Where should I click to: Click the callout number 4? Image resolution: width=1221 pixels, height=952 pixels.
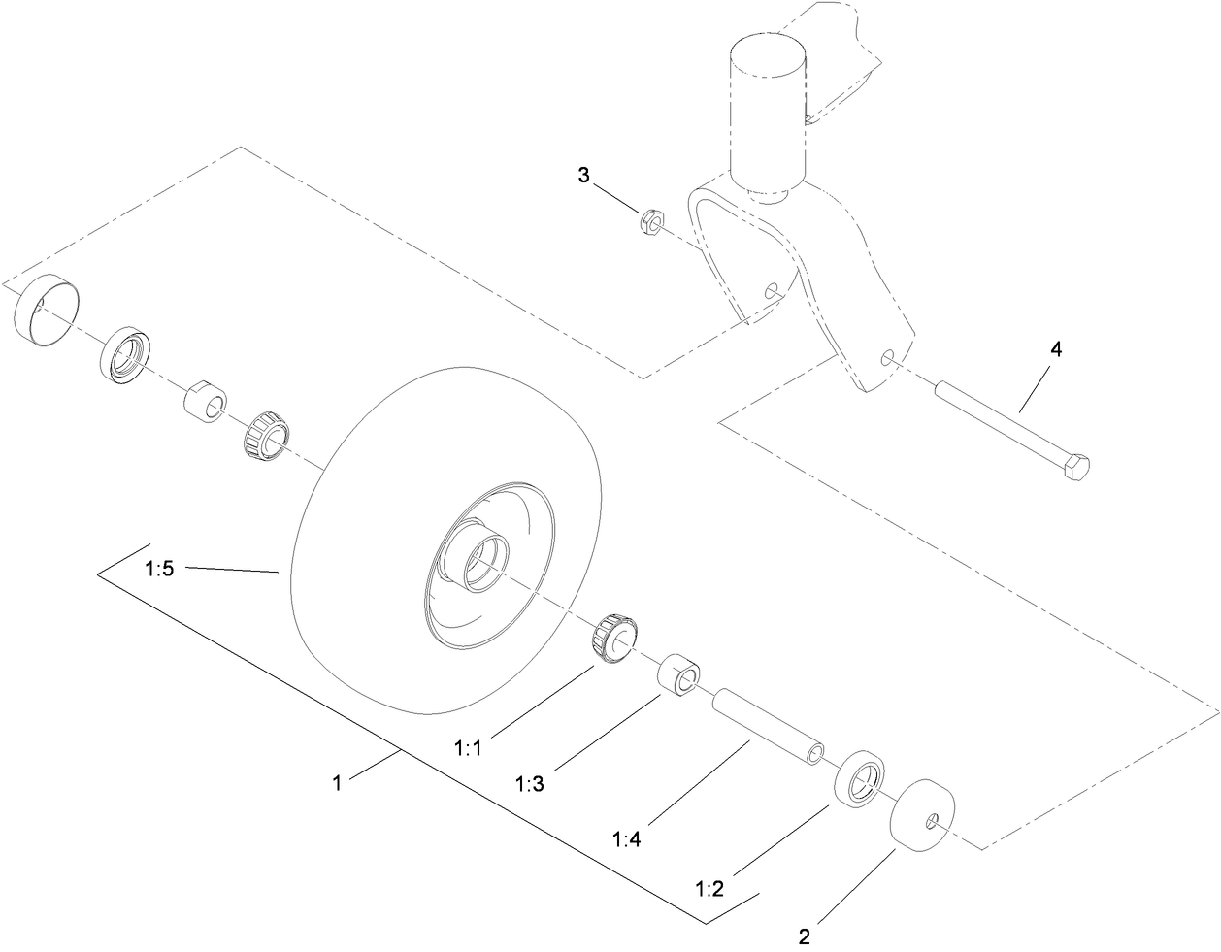pos(1055,349)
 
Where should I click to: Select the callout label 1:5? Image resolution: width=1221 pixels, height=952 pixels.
pos(159,570)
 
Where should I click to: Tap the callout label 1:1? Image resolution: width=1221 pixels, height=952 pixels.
pos(468,748)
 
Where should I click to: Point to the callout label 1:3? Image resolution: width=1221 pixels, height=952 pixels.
pos(530,782)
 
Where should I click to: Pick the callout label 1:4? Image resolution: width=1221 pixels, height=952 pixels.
pos(628,837)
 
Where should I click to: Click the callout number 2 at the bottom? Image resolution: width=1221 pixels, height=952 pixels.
pos(804,936)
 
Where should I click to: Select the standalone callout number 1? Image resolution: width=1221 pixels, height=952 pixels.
pos(337,782)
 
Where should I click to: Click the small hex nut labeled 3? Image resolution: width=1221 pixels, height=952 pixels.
pos(651,222)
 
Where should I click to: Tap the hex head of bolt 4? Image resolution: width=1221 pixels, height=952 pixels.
pos(1076,468)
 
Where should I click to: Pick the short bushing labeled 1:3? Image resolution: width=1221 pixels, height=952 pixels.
pos(679,675)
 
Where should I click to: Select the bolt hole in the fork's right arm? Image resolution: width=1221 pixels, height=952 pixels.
pos(886,359)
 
